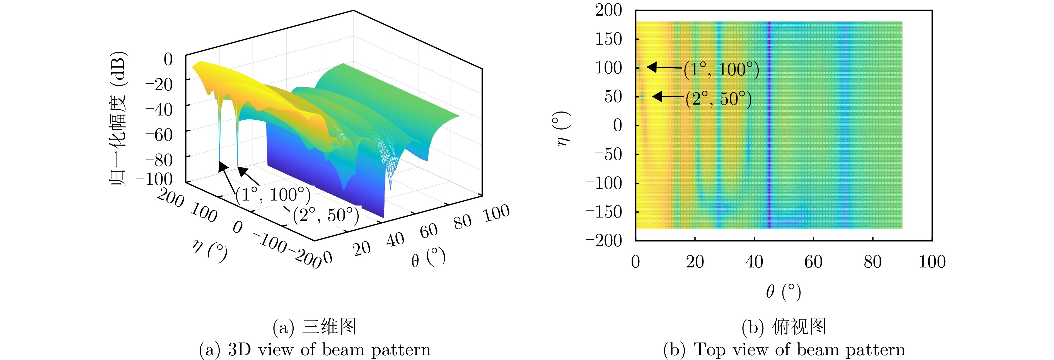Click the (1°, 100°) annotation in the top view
(721, 69)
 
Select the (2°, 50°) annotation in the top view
(719, 99)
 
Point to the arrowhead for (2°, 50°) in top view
(657, 96)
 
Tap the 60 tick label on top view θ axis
(813, 262)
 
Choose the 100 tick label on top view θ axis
(932, 262)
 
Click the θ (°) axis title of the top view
(783, 292)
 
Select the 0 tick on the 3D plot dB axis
(168, 59)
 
